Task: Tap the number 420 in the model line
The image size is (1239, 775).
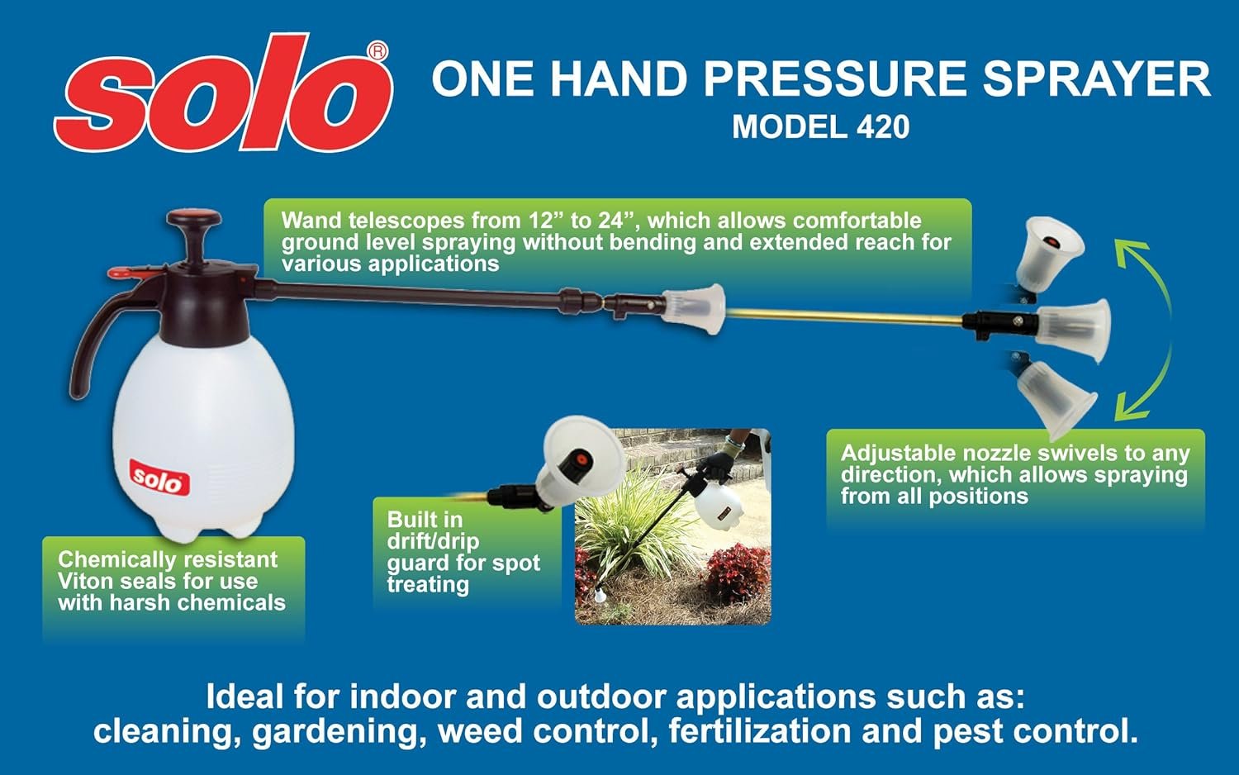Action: [x=883, y=126]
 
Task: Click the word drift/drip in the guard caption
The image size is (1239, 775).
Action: [x=433, y=541]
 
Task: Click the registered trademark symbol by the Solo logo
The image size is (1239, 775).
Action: [x=377, y=51]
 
